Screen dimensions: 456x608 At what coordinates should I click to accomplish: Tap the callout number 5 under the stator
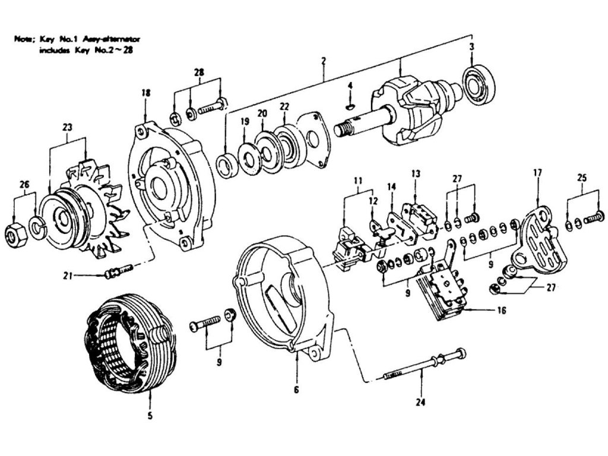(x=150, y=416)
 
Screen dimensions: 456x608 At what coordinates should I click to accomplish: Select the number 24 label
(x=421, y=402)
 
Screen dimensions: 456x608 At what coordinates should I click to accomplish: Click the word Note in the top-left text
(x=24, y=39)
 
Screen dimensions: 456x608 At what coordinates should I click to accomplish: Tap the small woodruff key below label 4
(x=350, y=106)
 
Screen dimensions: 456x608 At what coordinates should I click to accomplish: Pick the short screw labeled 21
(x=119, y=271)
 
